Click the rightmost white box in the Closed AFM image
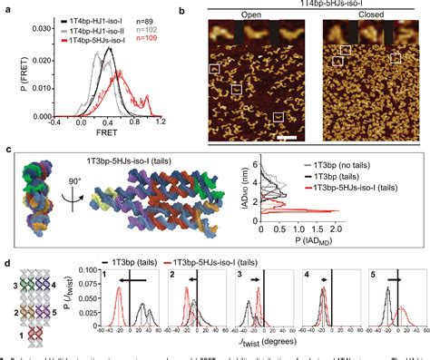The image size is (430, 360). point(397,57)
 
